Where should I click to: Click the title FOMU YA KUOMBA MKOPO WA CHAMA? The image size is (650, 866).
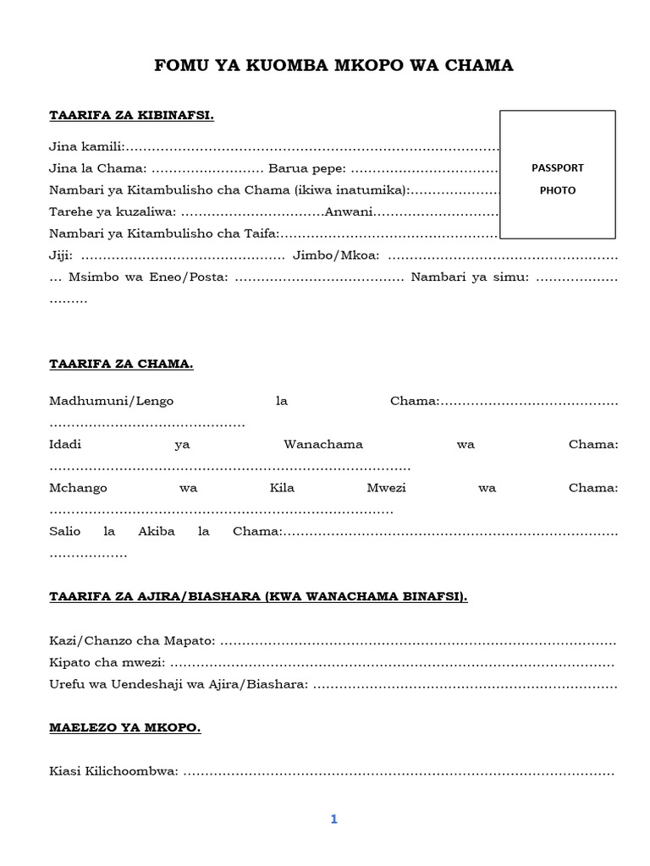click(x=333, y=65)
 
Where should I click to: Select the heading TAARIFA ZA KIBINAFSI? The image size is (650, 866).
click(x=131, y=115)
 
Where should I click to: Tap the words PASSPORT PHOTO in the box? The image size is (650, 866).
click(x=558, y=178)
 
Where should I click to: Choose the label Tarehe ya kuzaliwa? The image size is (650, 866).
click(x=113, y=211)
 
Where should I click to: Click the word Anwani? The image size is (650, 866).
click(x=350, y=211)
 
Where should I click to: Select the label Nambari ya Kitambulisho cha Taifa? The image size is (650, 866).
click(x=163, y=233)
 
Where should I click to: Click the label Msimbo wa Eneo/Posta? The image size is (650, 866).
click(x=148, y=277)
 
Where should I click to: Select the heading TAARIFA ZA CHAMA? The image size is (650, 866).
click(x=121, y=364)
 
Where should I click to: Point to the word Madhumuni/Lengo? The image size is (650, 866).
click(x=112, y=401)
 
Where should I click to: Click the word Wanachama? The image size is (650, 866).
click(x=323, y=445)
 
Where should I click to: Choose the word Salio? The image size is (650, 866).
click(x=65, y=532)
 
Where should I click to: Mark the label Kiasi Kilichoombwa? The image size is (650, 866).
click(x=113, y=772)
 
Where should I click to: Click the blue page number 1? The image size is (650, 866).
click(x=333, y=819)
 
